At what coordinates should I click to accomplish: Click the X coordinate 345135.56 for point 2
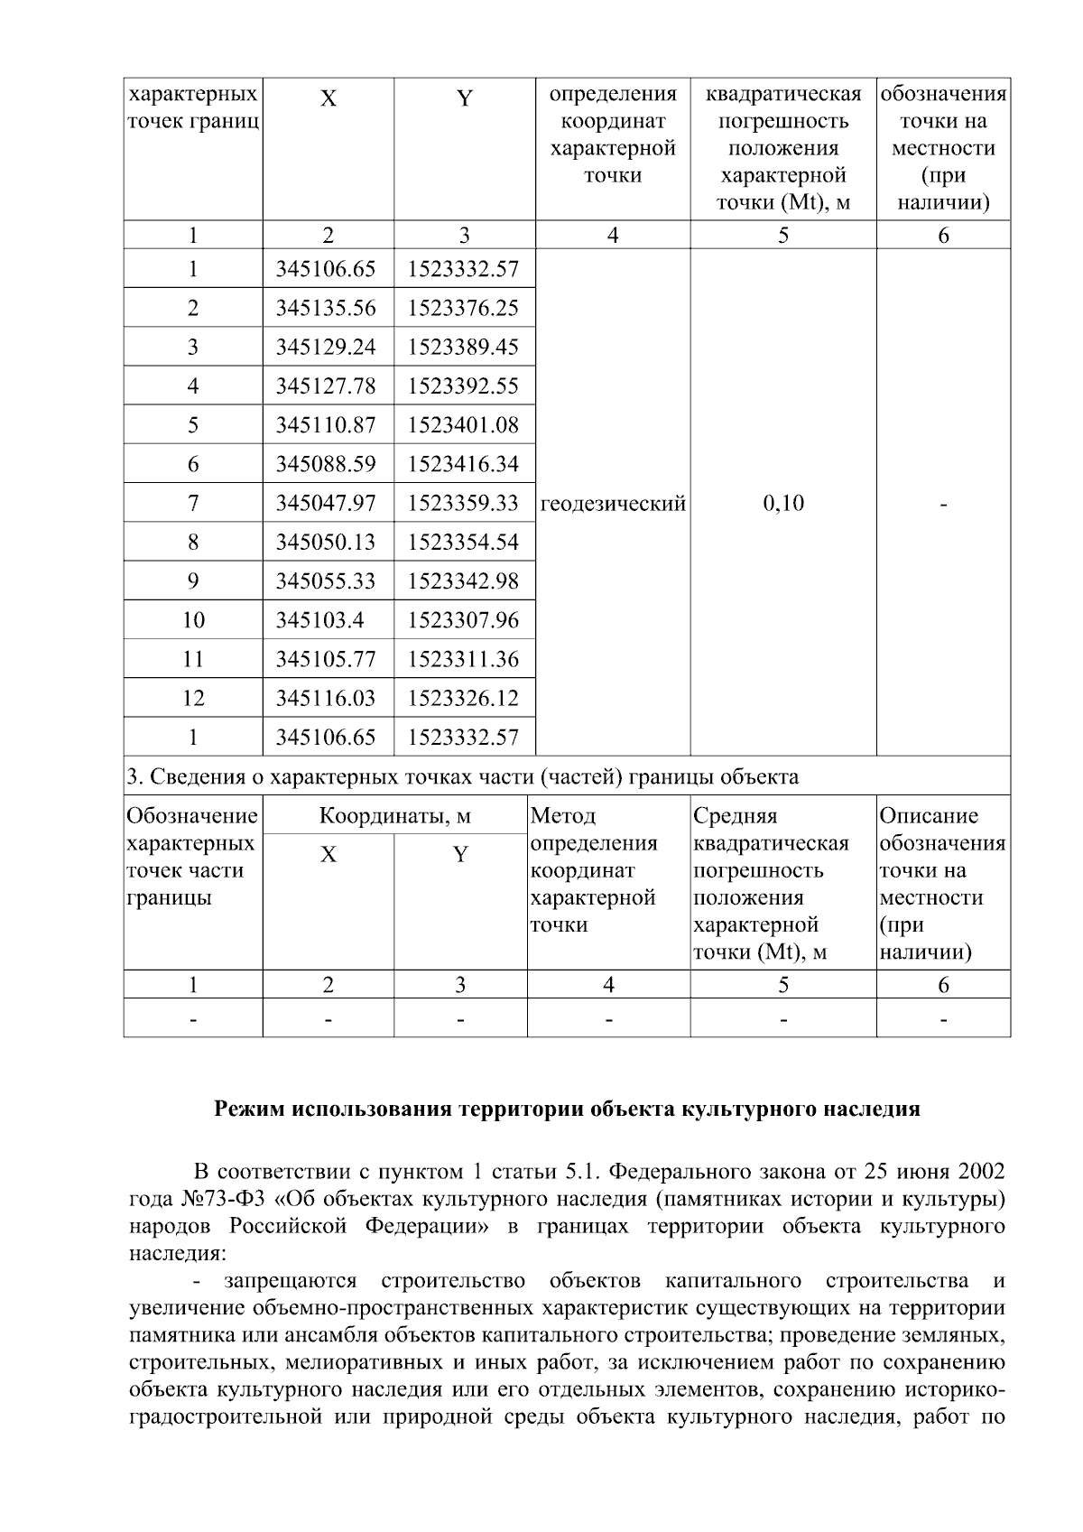326,309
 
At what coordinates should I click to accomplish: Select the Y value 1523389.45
463,348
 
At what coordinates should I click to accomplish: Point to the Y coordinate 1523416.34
463,464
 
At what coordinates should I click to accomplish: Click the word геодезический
613,504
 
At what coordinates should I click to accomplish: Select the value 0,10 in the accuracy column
782,504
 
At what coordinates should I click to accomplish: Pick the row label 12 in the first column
193,698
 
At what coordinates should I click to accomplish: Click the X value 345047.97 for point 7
326,503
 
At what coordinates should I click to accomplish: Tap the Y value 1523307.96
463,620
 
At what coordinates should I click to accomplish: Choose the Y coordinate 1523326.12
463,698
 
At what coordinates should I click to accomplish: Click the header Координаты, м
395,816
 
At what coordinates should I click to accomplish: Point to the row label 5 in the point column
193,425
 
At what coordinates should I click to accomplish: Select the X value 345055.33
326,581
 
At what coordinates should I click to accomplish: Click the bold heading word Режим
248,1110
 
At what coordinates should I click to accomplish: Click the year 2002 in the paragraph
980,1173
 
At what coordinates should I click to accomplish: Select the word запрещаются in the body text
292,1281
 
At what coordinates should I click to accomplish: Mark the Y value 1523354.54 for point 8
463,543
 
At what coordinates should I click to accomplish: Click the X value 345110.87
326,425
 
